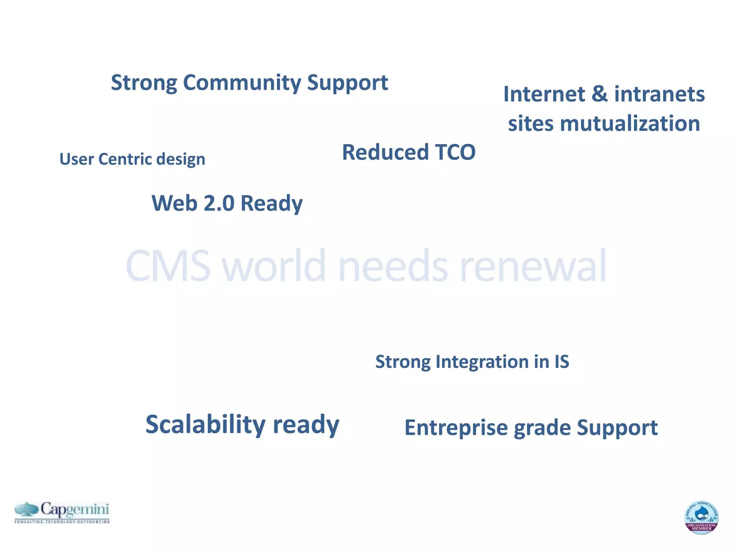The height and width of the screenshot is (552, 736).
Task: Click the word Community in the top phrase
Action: tap(242, 83)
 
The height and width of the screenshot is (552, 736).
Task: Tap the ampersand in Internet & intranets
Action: tap(599, 94)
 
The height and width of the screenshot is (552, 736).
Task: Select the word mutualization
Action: tap(630, 124)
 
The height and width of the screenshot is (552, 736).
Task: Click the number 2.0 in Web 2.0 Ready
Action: tap(219, 203)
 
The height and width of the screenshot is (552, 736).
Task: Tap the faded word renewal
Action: tap(533, 266)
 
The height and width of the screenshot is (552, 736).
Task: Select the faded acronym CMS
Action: tap(168, 266)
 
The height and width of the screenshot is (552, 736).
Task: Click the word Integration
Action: tap(482, 362)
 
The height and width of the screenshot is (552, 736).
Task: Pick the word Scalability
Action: tap(205, 424)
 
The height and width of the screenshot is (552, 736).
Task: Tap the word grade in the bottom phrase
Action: tap(542, 428)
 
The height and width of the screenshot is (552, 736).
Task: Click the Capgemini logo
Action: tap(62, 512)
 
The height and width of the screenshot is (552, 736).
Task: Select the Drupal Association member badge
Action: tap(701, 517)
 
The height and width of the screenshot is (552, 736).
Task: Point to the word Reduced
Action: tap(385, 152)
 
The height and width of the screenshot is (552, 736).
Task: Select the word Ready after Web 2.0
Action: tap(271, 203)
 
